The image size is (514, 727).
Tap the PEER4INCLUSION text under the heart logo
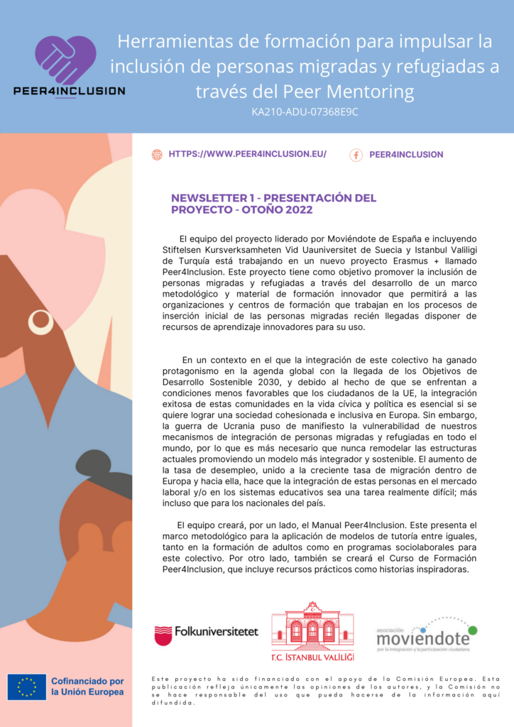[69, 91]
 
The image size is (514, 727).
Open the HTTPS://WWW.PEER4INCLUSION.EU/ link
[247, 154]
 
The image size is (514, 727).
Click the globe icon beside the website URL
[157, 155]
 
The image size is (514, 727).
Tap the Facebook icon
[356, 155]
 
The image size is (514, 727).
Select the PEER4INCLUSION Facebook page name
[406, 155]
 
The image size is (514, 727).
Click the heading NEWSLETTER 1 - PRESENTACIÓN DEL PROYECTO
[273, 198]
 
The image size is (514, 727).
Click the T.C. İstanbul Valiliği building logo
[312, 627]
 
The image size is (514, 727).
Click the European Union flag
[27, 687]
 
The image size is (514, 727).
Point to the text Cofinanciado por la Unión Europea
[88, 687]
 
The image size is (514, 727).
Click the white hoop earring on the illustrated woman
[40, 322]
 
